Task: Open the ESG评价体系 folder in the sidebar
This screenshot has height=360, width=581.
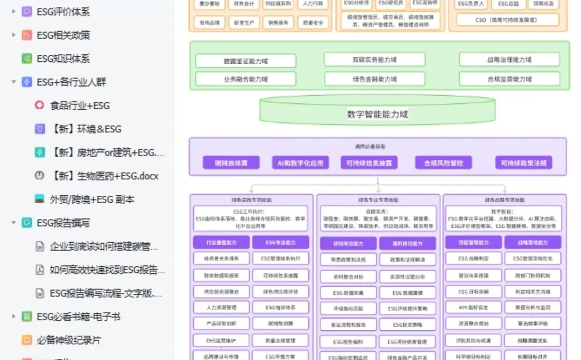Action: (x=63, y=11)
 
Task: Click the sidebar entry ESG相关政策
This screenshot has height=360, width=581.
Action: (x=63, y=35)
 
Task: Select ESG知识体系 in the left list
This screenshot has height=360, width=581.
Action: (x=63, y=59)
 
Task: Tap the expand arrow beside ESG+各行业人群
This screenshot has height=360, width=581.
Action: (x=13, y=82)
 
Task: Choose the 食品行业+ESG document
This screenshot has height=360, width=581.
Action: (x=80, y=105)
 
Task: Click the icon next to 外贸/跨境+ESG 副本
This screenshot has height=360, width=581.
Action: (x=39, y=199)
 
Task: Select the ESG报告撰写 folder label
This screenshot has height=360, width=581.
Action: (x=63, y=223)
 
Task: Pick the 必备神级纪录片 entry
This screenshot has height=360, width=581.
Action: (x=68, y=340)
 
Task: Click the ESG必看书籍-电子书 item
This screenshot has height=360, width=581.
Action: (x=78, y=316)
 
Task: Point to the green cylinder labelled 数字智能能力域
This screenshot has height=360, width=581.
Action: (x=377, y=114)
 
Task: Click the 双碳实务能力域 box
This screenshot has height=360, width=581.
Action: (x=374, y=60)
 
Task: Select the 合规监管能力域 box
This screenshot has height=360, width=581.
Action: (x=509, y=79)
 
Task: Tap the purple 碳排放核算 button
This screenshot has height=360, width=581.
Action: (x=231, y=163)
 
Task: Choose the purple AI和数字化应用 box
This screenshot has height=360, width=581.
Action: (x=300, y=163)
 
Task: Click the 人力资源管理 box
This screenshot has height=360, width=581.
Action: (x=221, y=307)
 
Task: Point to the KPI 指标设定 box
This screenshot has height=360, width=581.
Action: (x=473, y=307)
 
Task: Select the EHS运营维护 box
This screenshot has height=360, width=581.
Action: (x=221, y=341)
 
